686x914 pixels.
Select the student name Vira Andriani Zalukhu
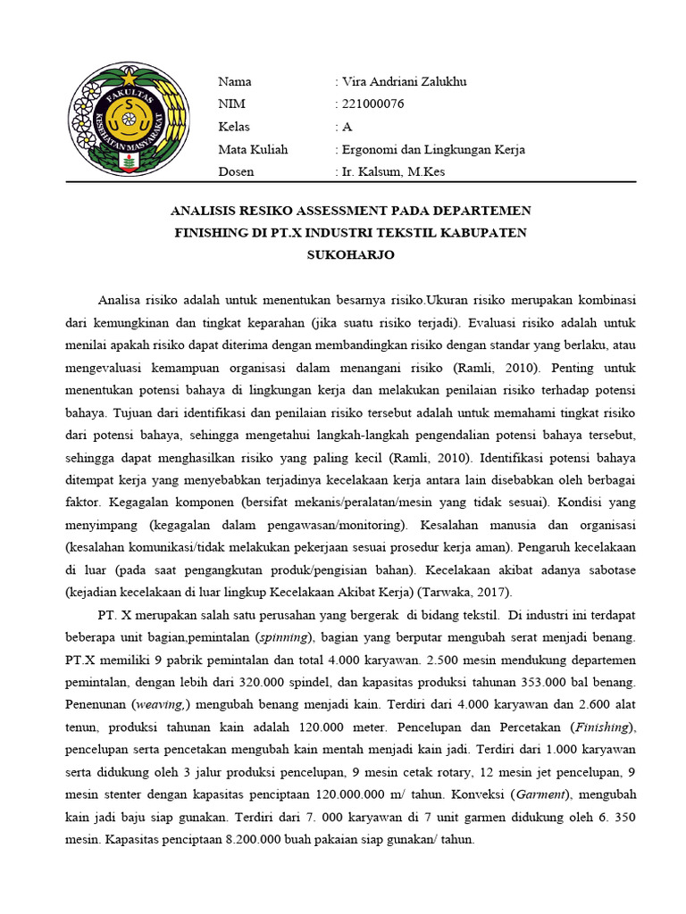pyautogui.click(x=403, y=82)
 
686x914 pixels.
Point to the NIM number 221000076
pyautogui.click(x=372, y=104)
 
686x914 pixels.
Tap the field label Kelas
pyautogui.click(x=234, y=127)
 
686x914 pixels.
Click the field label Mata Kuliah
pyautogui.click(x=253, y=149)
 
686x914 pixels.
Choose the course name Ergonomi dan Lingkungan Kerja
pyautogui.click(x=432, y=149)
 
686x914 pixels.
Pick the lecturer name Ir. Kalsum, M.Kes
pyautogui.click(x=392, y=171)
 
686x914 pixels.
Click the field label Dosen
pyautogui.click(x=236, y=171)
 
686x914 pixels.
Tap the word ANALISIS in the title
pyautogui.click(x=205, y=211)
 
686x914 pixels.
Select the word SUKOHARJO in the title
pyautogui.click(x=350, y=255)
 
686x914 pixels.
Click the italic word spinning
pyautogui.click(x=283, y=638)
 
